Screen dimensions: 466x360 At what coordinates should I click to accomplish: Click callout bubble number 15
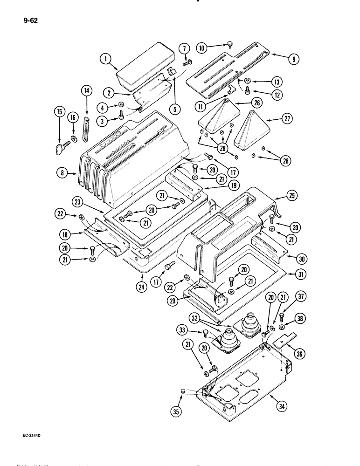point(59,111)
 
